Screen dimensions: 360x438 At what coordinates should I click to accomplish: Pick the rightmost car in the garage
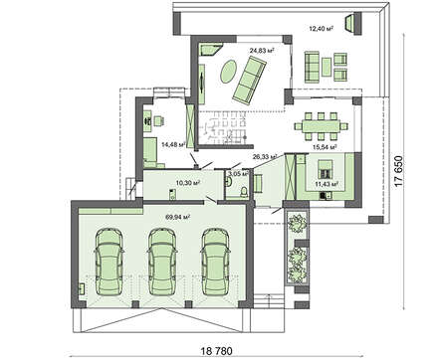tap(211, 258)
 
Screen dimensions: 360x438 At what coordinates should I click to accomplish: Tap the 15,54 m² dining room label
tap(326, 146)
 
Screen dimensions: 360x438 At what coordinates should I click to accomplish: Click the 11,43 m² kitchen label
tap(327, 184)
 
